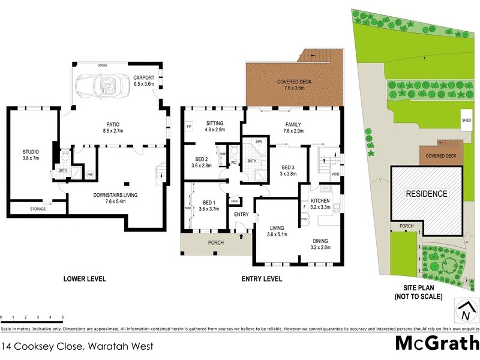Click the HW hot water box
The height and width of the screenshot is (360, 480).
click(x=89, y=174)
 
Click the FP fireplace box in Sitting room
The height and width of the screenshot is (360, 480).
click(x=190, y=127)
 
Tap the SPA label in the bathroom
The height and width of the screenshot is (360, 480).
click(x=259, y=142)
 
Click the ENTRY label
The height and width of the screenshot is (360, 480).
click(x=242, y=214)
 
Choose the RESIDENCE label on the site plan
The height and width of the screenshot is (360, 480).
click(x=427, y=194)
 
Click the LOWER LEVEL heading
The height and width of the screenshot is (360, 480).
click(x=85, y=279)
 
